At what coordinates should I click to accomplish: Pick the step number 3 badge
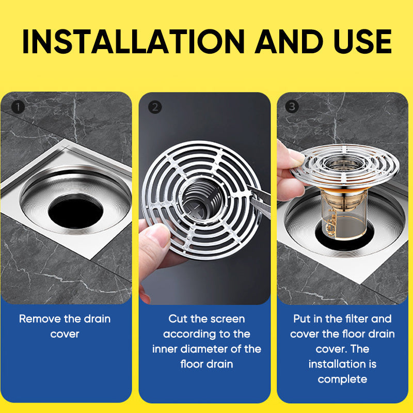293,106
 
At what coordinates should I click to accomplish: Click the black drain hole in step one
73,212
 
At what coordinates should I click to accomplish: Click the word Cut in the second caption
178,319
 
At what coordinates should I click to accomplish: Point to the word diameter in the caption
209,349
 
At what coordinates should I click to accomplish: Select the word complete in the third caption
342,379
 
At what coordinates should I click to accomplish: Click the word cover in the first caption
65,334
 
